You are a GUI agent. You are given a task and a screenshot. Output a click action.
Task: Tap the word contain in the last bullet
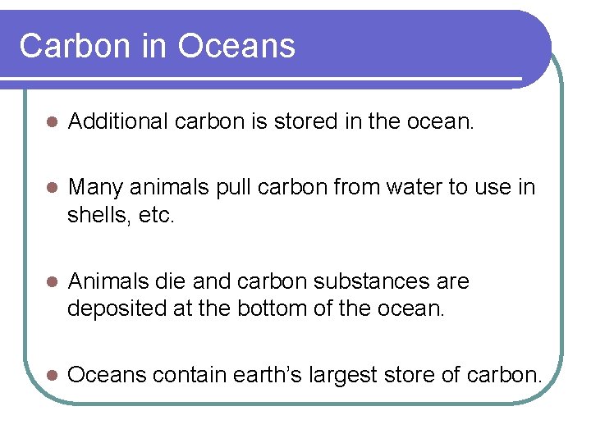tap(185, 376)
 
